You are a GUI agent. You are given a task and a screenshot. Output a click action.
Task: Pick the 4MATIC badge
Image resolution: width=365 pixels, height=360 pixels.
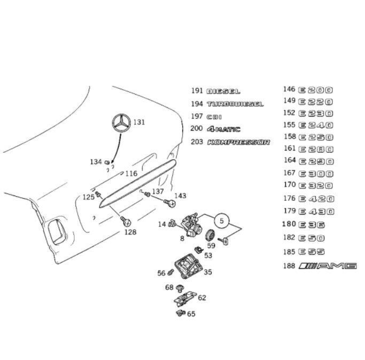pyautogui.click(x=223, y=129)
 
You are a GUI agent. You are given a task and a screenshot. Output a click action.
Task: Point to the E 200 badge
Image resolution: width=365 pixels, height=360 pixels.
pyautogui.click(x=315, y=89)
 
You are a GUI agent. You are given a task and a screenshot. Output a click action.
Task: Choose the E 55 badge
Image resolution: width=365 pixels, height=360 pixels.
pyautogui.click(x=312, y=251)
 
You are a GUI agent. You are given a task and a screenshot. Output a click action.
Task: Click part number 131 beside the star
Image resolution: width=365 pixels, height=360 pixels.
pyautogui.click(x=139, y=122)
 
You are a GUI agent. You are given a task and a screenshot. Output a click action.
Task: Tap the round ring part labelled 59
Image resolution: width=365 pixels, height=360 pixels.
pyautogui.click(x=210, y=234)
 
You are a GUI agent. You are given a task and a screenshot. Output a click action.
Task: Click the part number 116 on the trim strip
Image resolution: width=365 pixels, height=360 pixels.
pyautogui.click(x=131, y=174)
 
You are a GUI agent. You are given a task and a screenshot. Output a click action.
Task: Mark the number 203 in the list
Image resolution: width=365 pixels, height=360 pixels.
pyautogui.click(x=197, y=142)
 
